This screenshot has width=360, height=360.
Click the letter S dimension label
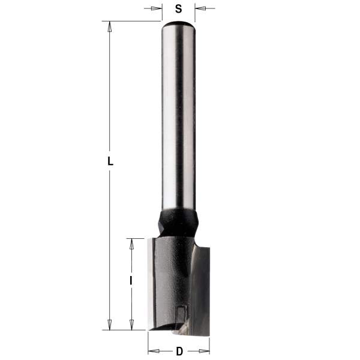178,8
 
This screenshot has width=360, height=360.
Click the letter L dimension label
110,162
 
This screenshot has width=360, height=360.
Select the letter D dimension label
179,350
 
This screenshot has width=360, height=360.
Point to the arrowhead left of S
157,8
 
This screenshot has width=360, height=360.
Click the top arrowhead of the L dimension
109,26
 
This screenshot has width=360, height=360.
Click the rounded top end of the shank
178,25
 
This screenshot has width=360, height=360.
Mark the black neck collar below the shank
178,222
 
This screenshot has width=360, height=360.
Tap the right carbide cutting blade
204,288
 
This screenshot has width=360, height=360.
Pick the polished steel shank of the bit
178,120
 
